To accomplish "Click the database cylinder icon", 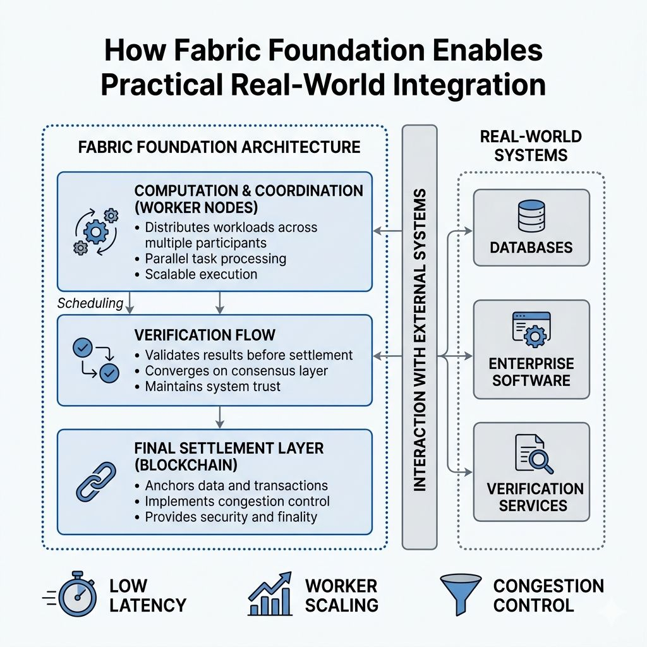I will (x=531, y=217).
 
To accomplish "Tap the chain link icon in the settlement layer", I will (x=96, y=481).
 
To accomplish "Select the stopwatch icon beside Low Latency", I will (x=76, y=596).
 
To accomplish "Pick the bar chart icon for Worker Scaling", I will (x=270, y=595).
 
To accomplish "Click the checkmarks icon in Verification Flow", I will (x=96, y=360).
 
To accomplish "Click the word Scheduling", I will (x=90, y=303).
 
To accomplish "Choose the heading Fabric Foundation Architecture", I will (x=219, y=148).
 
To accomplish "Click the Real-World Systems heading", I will (x=531, y=145).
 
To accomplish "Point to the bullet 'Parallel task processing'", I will (x=215, y=259).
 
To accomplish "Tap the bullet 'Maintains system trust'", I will (x=212, y=386).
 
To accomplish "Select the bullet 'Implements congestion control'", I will (x=237, y=501).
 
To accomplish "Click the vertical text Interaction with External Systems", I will (x=420, y=338).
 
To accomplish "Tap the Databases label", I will (x=531, y=246).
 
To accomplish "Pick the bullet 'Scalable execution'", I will (x=201, y=274).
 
